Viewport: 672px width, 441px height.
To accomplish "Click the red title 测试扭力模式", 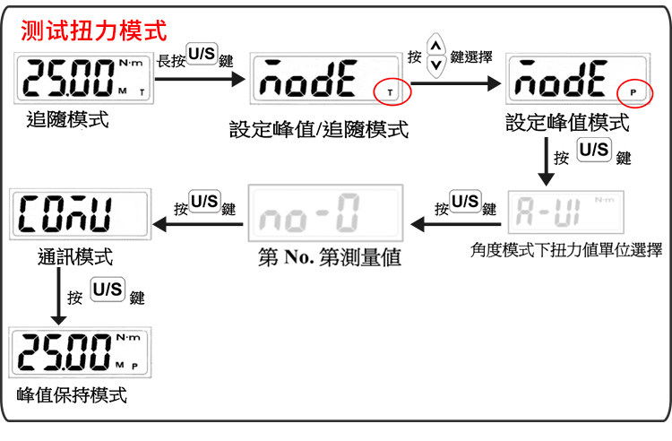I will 94,31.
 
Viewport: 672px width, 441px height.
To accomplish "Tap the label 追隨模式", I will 67,118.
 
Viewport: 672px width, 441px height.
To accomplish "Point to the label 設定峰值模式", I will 567,122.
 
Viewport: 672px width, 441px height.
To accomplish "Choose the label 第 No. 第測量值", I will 329,258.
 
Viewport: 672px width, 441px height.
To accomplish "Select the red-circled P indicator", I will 635,91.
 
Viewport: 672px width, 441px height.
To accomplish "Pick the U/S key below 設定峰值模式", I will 594,151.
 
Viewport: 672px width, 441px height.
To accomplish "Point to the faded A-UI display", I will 567,212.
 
